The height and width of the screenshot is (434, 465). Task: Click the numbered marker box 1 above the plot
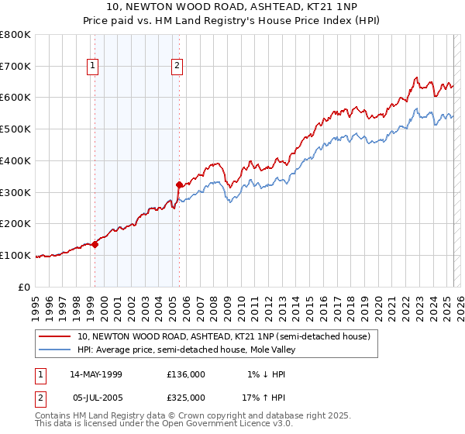click(92, 66)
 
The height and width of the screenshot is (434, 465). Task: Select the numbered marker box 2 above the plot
click(177, 66)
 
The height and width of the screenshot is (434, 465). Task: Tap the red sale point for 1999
click(95, 244)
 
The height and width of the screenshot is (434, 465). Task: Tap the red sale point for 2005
click(179, 184)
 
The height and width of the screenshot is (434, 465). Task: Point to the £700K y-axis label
click(15, 67)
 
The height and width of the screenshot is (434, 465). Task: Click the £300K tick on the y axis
click(15, 192)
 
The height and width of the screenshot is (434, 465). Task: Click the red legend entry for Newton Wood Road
click(225, 336)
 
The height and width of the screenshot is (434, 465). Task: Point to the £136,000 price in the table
click(186, 374)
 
